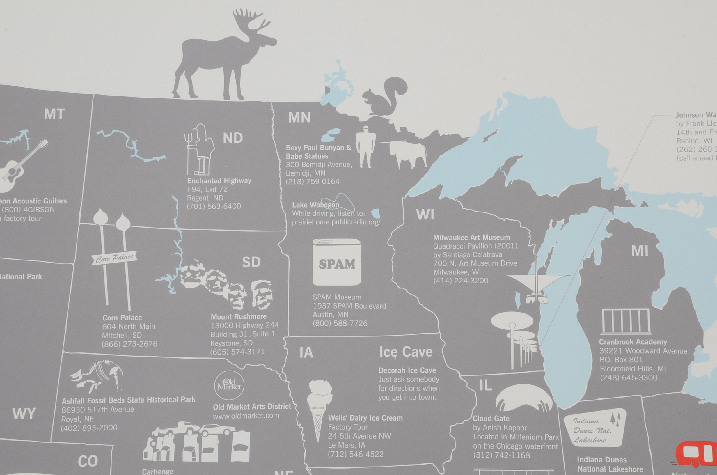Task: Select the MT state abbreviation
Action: click(54, 114)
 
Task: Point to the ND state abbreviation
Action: click(233, 138)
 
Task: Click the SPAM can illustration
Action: click(337, 262)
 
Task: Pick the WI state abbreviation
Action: click(425, 215)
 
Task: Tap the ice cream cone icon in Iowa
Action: click(319, 409)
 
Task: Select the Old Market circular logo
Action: click(229, 385)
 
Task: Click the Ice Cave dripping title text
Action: click(406, 352)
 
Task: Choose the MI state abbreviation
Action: click(640, 251)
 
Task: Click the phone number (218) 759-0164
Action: click(313, 182)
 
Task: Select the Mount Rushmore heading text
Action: click(239, 317)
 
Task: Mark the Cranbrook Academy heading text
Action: click(633, 342)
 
